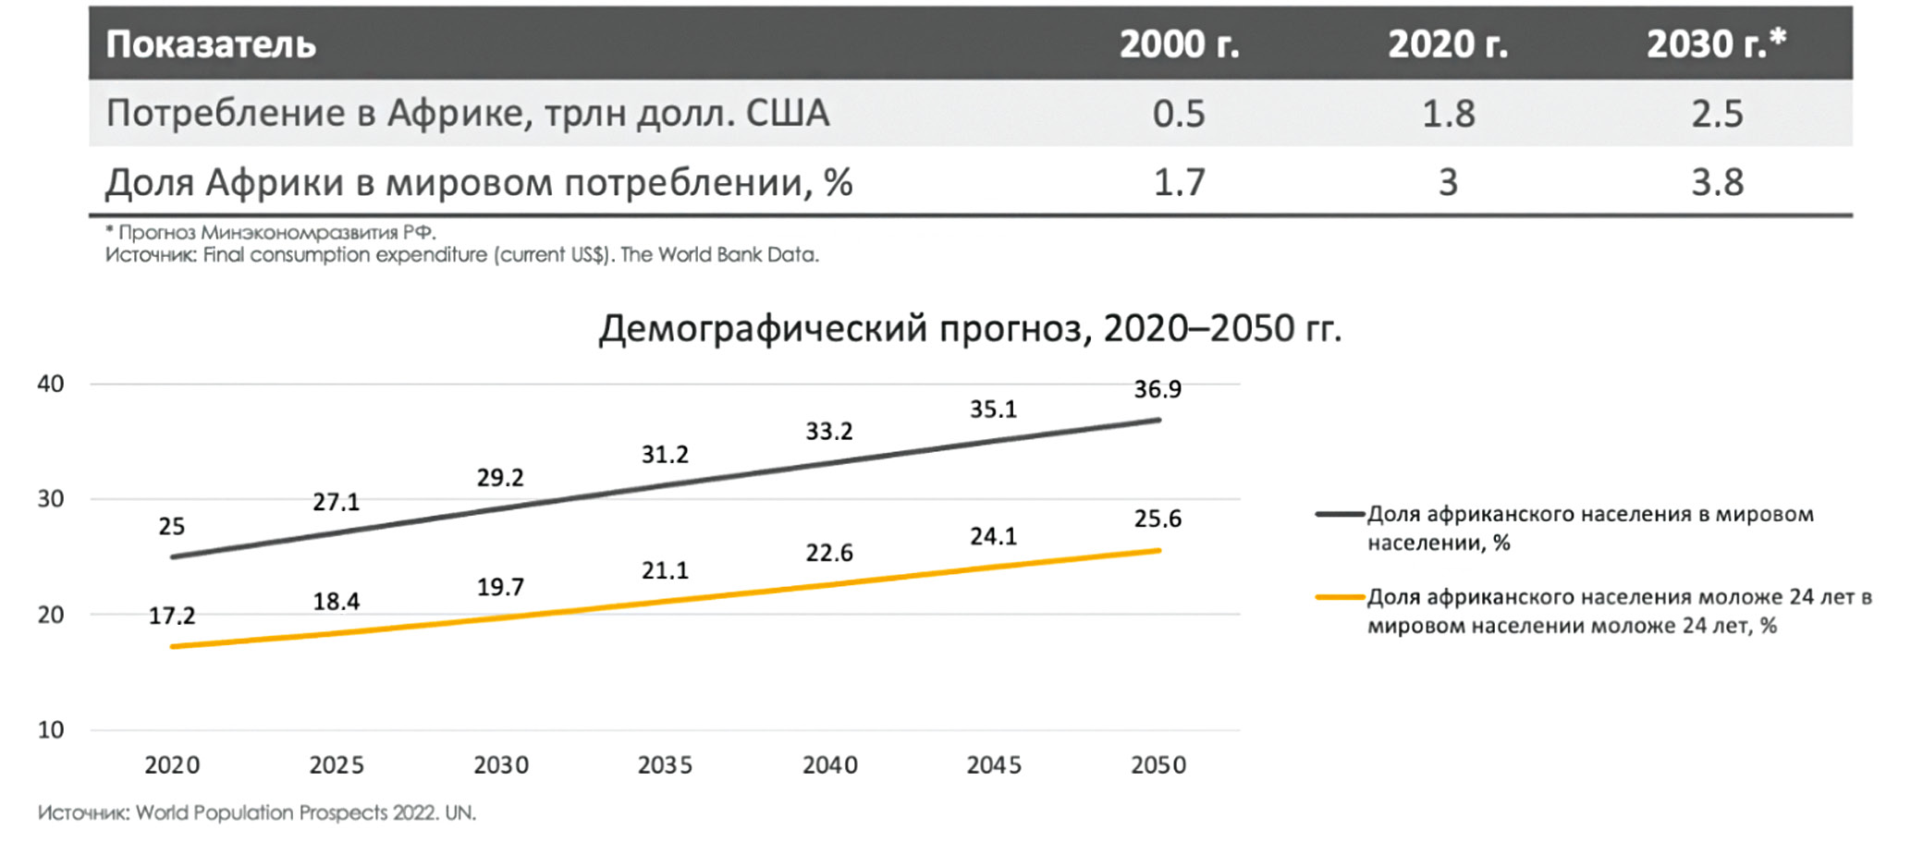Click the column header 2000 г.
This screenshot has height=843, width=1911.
pos(1179,44)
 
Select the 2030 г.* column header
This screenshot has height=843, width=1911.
pos(1716,44)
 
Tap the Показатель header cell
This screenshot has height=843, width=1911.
pos(211,44)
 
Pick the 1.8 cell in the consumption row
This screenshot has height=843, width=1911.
pos(1448,114)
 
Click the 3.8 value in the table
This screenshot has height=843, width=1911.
pos(1717,183)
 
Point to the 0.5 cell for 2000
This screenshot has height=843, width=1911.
pos(1179,114)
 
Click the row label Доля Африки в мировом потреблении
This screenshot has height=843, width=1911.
pos(478,183)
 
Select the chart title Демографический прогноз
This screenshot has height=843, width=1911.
pos(969,328)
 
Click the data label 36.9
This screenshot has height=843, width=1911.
pos(1158,389)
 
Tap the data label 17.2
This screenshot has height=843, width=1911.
pos(172,616)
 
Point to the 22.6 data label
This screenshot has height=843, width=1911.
pos(828,553)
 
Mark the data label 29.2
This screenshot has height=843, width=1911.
pos(500,478)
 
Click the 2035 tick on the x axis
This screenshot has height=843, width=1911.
pos(665,765)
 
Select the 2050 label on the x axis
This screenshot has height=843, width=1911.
pos(1158,765)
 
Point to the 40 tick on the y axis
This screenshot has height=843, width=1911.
pos(51,384)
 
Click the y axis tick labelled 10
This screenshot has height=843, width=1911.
pos(51,730)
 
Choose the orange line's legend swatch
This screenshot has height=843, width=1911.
pos(1340,598)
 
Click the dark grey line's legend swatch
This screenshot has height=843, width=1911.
pos(1340,514)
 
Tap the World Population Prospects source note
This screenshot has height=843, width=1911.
pos(257,813)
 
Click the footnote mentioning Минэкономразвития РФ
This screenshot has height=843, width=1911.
pos(270,232)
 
